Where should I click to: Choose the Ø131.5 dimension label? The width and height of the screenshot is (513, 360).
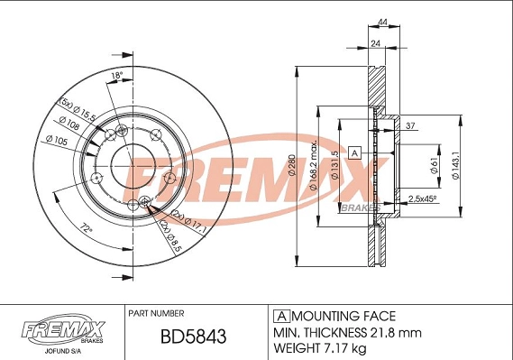(x=334, y=161)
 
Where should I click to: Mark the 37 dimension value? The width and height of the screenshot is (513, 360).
(x=408, y=125)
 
